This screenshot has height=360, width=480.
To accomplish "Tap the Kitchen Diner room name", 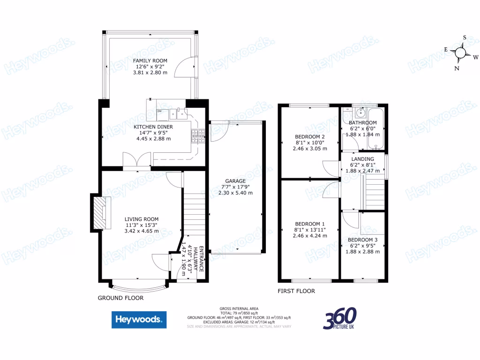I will [153, 127].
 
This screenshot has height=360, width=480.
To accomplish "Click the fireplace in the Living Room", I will [101, 213].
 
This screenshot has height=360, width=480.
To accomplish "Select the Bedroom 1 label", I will [310, 224].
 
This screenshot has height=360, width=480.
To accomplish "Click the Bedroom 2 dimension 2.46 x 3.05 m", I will [310, 149].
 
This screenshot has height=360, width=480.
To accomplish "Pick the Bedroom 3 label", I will [363, 240].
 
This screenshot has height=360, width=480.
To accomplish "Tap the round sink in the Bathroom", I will [360, 112].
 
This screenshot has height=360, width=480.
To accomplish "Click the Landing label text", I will [363, 159].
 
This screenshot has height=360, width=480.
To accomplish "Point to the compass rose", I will [461, 52].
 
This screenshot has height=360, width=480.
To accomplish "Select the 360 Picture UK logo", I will [339, 319].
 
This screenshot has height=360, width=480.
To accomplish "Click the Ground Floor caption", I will [120, 298].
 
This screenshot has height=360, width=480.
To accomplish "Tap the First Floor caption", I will [296, 291].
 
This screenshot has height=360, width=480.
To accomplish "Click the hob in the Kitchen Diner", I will [197, 135].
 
